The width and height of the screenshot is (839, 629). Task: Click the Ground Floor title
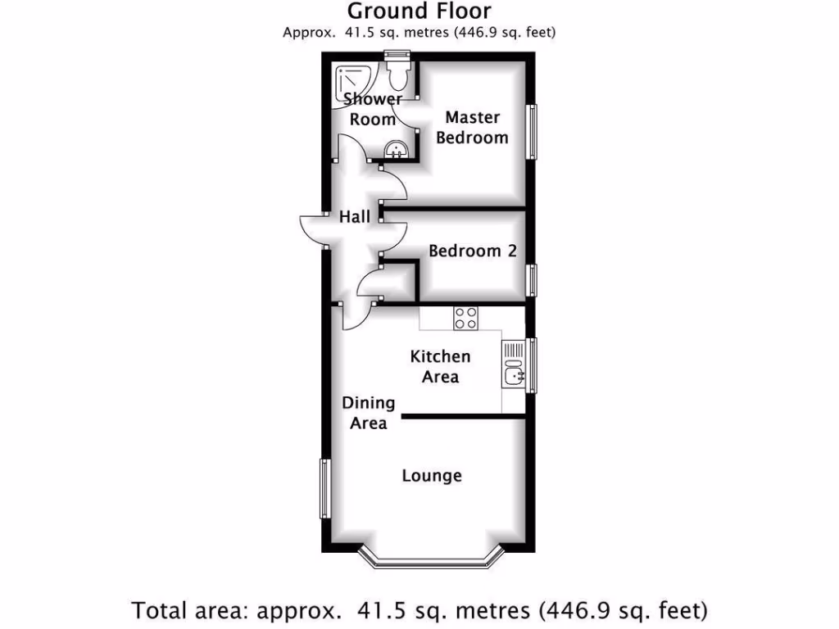point(419,11)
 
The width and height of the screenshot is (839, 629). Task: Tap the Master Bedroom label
point(472,128)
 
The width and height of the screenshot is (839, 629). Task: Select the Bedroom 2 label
point(473,251)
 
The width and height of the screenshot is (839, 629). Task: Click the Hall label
point(355,217)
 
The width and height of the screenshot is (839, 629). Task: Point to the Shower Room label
point(373,109)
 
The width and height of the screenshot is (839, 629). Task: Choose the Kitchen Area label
point(440,366)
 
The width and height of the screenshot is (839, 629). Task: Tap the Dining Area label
point(369,413)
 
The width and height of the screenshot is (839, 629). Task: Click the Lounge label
point(432,476)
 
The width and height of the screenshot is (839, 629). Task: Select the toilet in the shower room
point(398,76)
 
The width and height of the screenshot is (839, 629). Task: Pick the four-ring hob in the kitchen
point(466,317)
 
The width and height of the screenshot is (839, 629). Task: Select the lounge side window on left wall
point(324,488)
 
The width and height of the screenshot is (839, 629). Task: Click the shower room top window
point(397,55)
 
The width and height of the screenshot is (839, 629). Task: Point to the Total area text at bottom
point(419,610)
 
